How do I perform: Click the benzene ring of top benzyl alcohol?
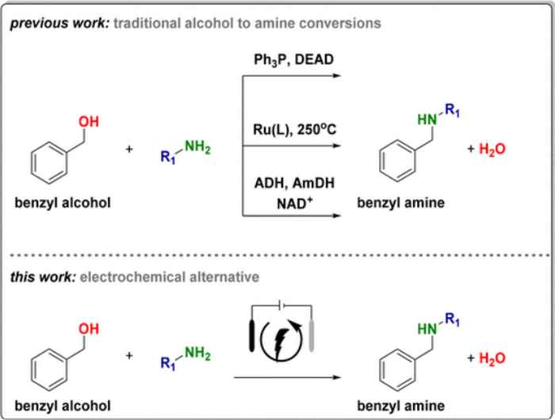click(49, 162)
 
